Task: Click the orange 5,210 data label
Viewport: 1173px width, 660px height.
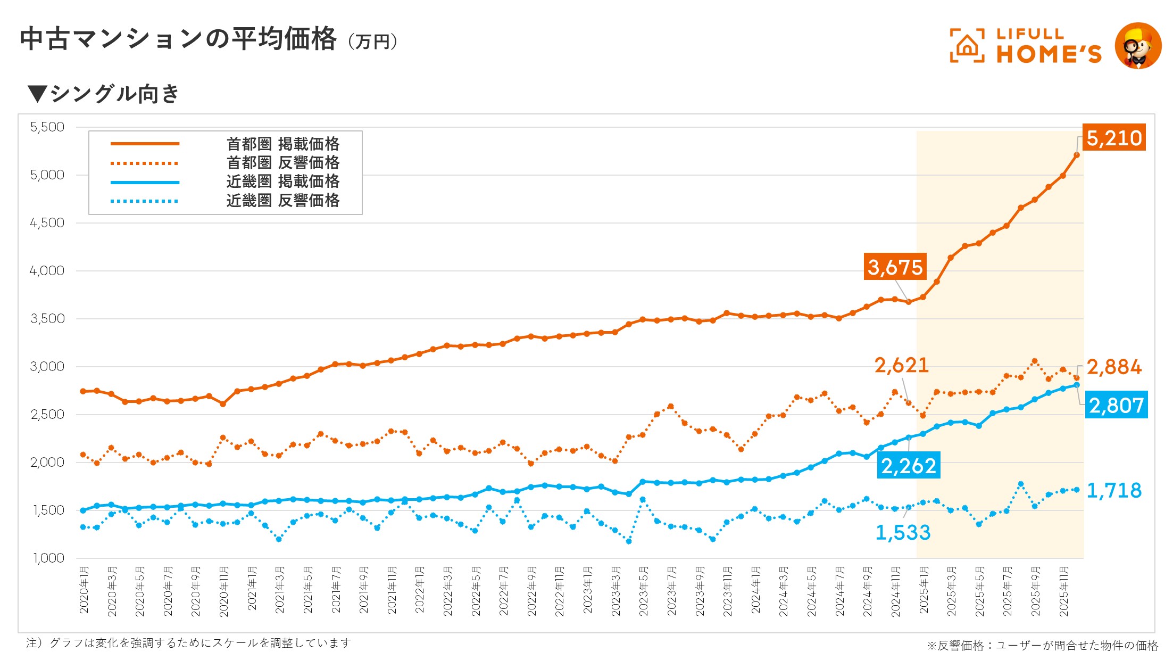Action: click(x=1114, y=138)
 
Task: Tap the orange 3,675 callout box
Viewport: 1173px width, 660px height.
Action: click(x=895, y=267)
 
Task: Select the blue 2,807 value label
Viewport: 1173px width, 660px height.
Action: click(x=1116, y=406)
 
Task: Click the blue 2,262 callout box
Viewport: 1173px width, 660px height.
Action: click(x=909, y=466)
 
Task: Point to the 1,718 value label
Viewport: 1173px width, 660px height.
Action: click(x=1114, y=490)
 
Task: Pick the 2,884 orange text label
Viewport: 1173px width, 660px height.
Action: click(x=1114, y=367)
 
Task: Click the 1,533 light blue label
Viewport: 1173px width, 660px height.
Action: click(x=903, y=532)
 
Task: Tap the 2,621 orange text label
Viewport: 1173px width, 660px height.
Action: click(x=902, y=365)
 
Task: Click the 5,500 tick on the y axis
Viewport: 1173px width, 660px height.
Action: click(x=47, y=127)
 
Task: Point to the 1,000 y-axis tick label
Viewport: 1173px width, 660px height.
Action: click(x=48, y=558)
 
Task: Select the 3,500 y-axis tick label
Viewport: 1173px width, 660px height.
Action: click(x=47, y=319)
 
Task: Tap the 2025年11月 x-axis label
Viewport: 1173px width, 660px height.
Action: click(x=1063, y=591)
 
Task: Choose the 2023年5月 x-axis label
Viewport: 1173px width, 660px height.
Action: click(x=643, y=591)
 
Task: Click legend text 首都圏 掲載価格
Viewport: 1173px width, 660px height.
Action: click(x=282, y=144)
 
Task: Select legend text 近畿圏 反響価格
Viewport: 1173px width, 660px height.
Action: click(x=282, y=201)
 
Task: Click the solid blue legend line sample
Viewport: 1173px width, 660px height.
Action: click(x=145, y=183)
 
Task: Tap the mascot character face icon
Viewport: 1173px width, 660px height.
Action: click(x=1138, y=46)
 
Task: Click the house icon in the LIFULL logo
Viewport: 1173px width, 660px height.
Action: click(x=967, y=46)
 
